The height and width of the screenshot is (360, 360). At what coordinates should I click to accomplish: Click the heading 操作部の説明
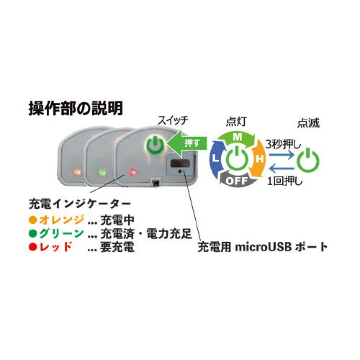(76, 108)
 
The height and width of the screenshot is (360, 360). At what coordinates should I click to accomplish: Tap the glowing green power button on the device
(156, 145)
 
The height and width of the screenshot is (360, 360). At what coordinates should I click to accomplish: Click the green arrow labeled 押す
(186, 143)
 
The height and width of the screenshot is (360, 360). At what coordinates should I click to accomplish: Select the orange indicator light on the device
(77, 171)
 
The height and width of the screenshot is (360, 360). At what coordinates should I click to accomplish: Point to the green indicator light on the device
(102, 172)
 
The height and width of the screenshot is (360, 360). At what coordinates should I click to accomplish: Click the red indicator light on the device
(132, 172)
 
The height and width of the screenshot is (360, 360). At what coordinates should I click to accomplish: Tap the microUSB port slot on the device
(179, 164)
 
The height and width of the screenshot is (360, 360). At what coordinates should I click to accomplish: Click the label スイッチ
(173, 120)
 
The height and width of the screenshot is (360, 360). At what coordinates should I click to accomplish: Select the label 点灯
(236, 122)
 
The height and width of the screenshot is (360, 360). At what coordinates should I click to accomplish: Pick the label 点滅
(308, 123)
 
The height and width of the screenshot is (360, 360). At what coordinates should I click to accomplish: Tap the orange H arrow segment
(257, 158)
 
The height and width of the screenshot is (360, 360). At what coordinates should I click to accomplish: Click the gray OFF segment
(237, 179)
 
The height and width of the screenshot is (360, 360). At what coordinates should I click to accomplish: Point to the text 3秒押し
(283, 145)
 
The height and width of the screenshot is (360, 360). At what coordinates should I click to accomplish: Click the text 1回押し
(285, 181)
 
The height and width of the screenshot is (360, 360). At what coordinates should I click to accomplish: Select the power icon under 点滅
(308, 161)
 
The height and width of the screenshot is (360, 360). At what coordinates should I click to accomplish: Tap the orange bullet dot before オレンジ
(32, 220)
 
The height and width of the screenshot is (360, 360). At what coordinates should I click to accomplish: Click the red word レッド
(55, 247)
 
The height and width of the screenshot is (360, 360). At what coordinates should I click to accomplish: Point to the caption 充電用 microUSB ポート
(263, 247)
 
